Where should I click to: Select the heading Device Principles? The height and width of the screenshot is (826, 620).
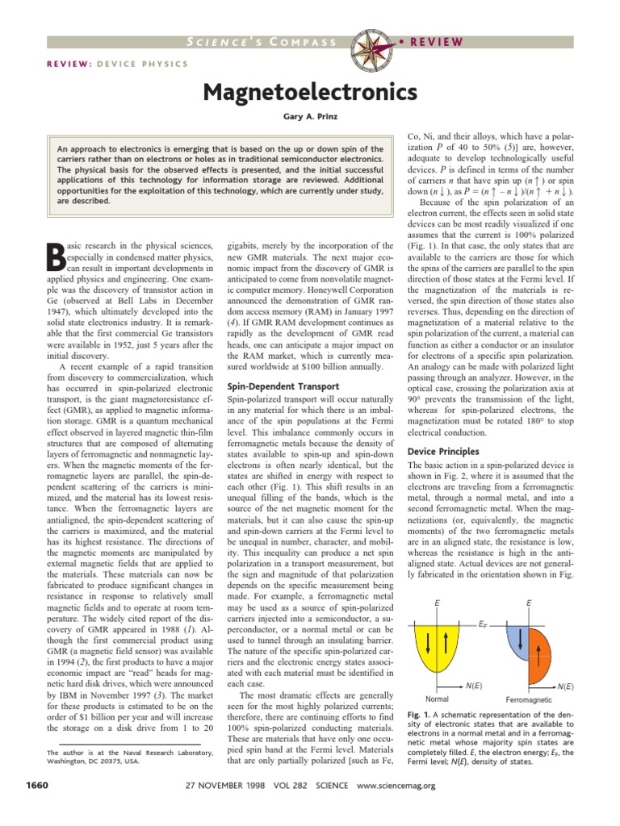tap(443, 451)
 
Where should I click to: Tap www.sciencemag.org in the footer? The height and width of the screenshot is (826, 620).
tap(395, 785)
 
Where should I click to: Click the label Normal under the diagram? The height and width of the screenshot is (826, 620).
tap(437, 699)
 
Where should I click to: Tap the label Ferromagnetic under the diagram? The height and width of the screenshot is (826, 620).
tap(529, 699)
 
